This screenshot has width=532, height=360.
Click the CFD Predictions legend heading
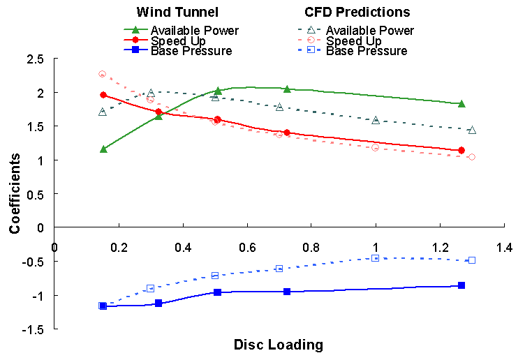click(357, 13)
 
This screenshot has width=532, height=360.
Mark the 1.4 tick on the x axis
click(504, 248)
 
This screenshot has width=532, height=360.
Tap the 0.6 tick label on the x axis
click(247, 248)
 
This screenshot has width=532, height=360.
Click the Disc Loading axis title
click(279, 345)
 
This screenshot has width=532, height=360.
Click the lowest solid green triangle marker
click(103, 149)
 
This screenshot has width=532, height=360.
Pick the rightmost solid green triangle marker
click(461, 103)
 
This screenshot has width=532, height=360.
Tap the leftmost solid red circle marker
click(103, 95)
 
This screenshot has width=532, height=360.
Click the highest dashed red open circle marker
click(102, 74)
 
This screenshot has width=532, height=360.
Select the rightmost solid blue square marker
click(461, 285)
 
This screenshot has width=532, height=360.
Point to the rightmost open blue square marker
click(472, 260)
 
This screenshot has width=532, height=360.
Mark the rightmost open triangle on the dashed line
click(472, 130)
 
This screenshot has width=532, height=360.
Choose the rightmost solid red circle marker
click(461, 151)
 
